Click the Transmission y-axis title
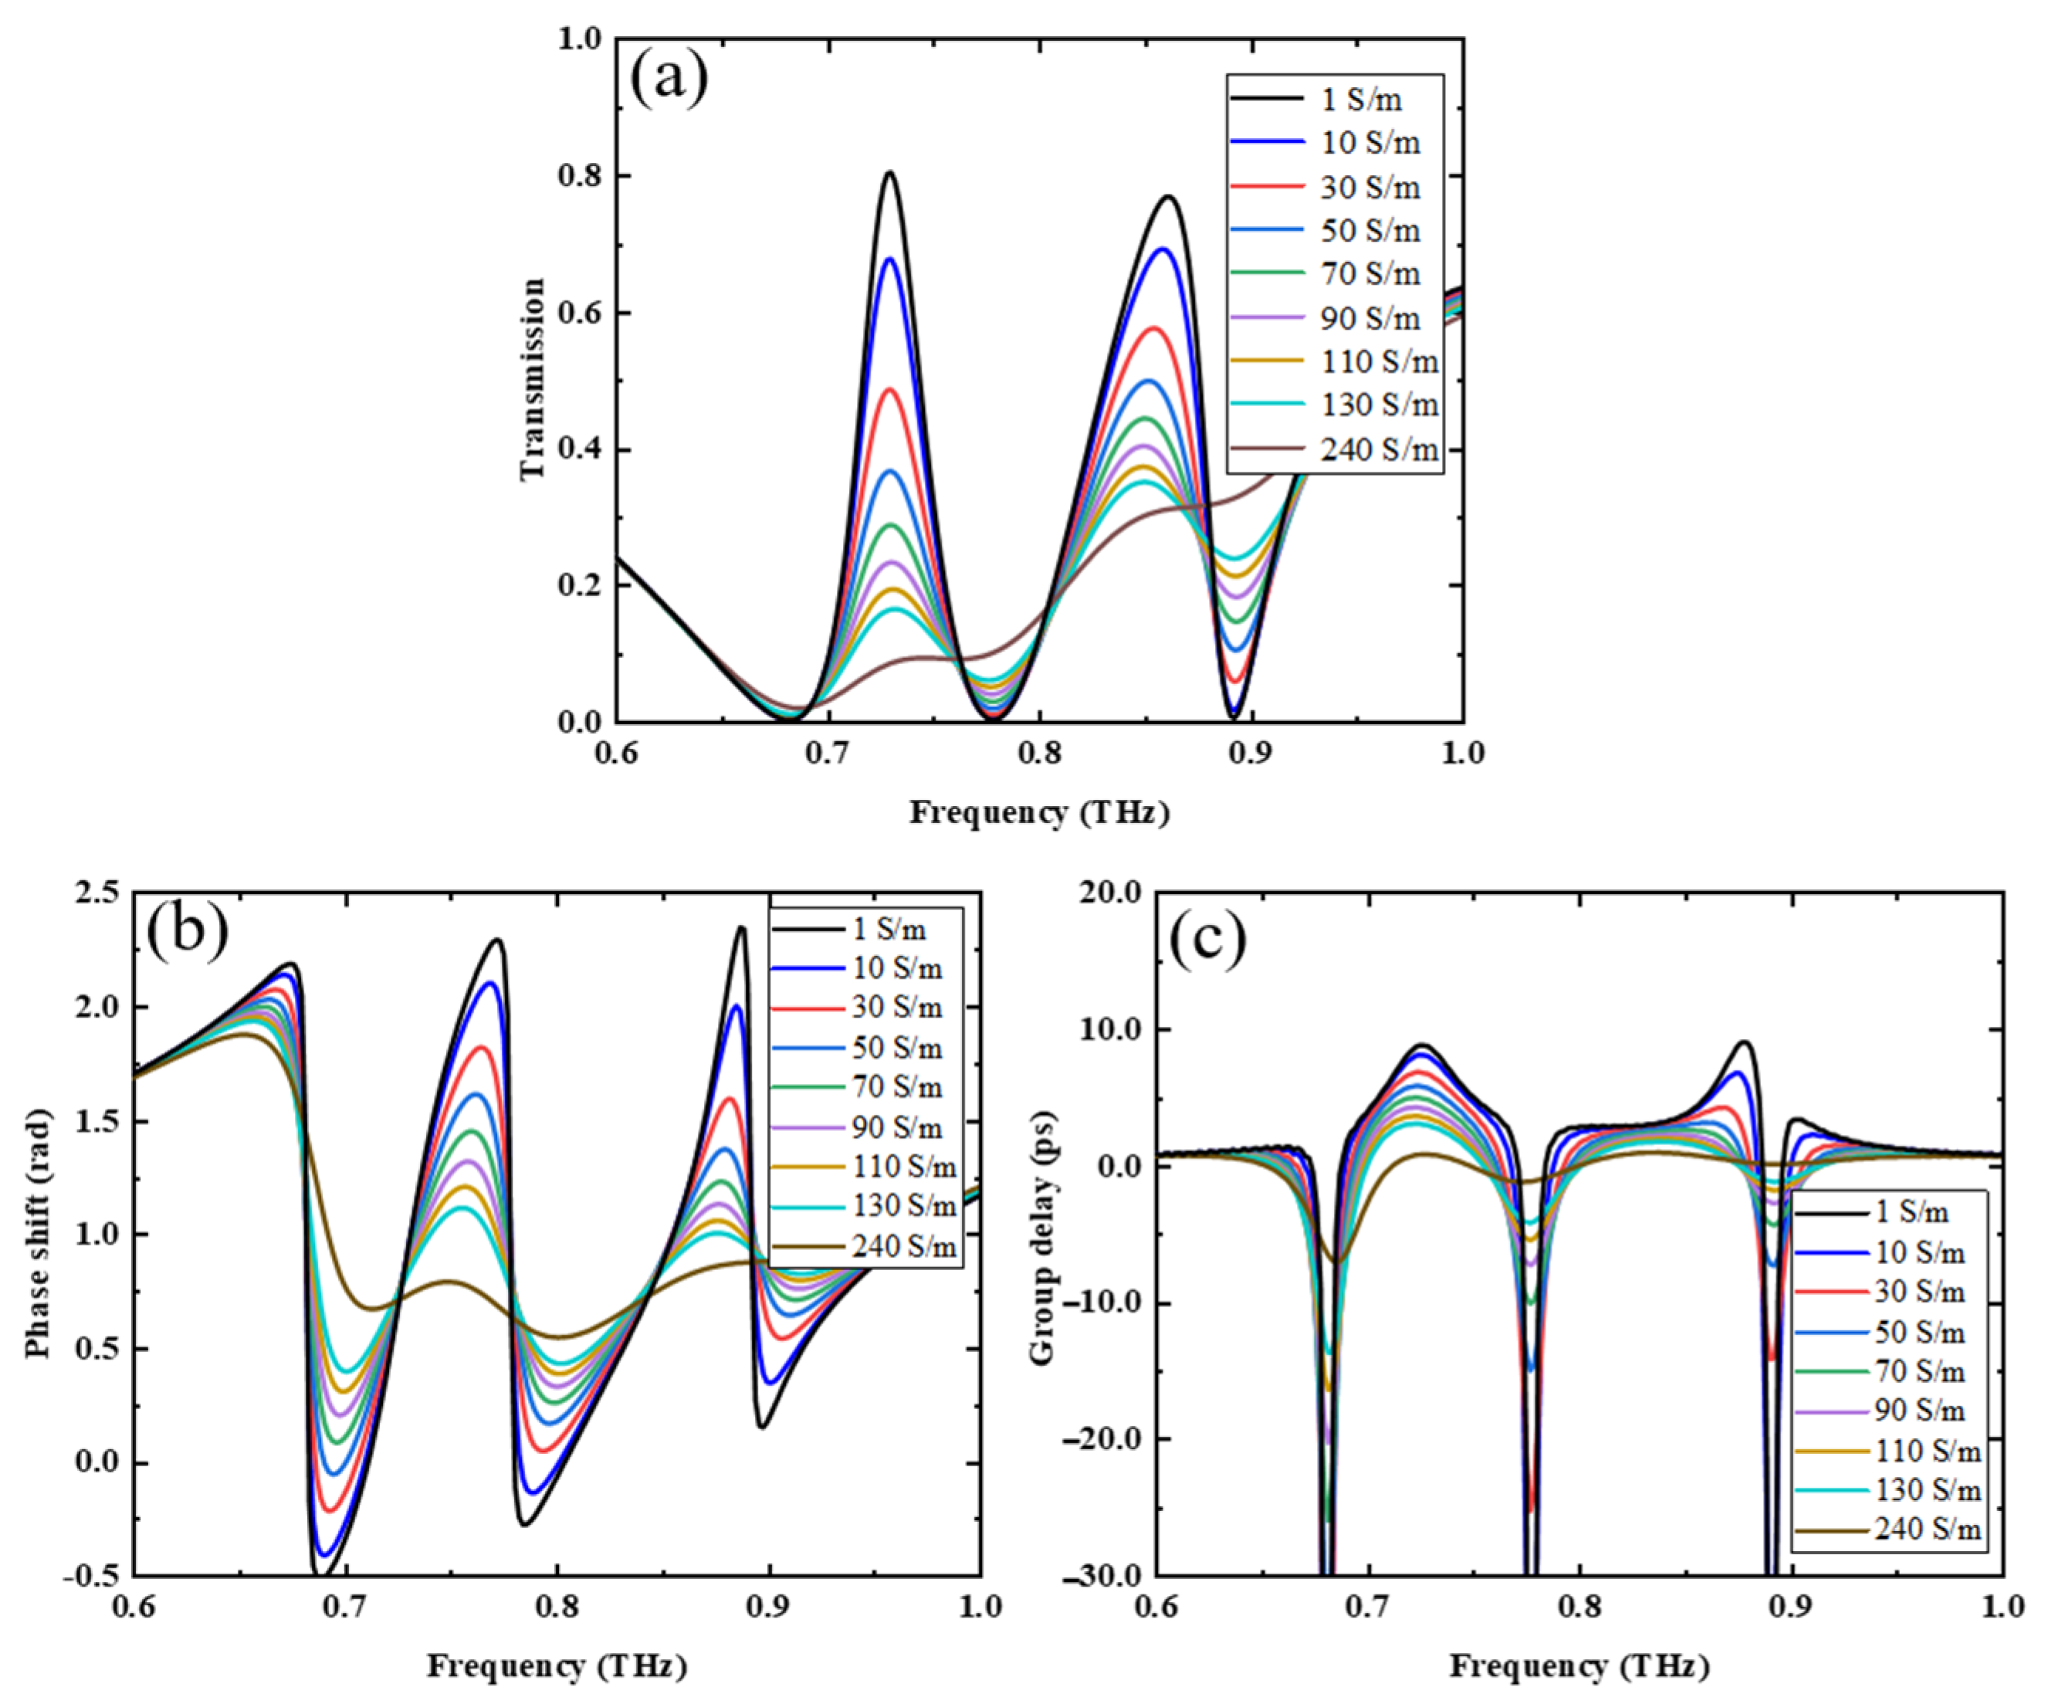(x=533, y=380)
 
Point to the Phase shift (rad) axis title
(x=39, y=1235)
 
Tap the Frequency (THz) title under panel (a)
(x=1039, y=812)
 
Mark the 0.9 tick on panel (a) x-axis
(x=1251, y=753)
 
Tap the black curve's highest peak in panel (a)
(x=889, y=173)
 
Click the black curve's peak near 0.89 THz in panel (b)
(x=742, y=927)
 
